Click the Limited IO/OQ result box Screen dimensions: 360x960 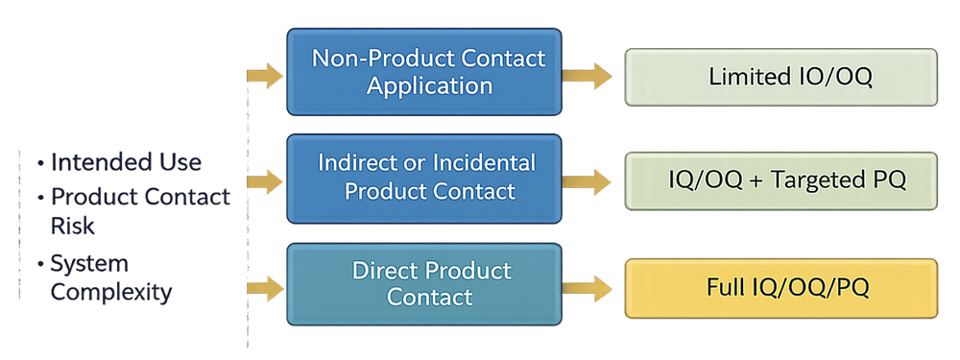click(780, 77)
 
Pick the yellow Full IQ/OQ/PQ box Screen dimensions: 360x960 click(780, 286)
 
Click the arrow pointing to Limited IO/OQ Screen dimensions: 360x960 click(588, 74)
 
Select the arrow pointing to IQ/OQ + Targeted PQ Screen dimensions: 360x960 click(588, 180)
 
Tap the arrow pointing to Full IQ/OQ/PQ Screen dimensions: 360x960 click(588, 285)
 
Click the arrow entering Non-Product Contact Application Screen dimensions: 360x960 click(265, 74)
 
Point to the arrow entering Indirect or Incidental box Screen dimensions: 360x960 click(265, 180)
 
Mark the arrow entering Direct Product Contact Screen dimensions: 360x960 click(265, 285)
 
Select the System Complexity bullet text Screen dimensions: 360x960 click(110, 278)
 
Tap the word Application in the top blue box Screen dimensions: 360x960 click(428, 85)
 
